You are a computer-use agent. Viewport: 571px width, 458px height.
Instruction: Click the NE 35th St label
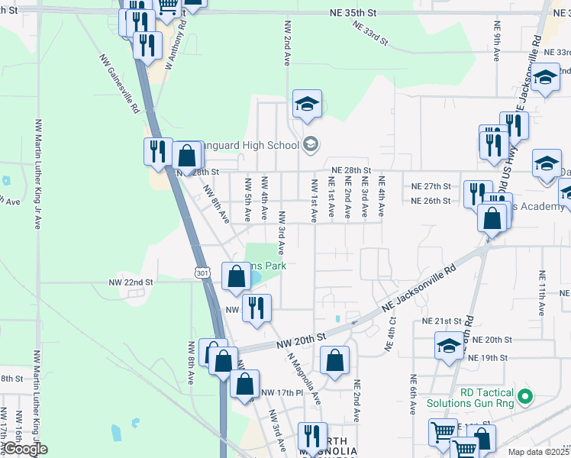pos(353,13)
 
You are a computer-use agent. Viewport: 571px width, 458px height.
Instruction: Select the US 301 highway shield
pos(202,273)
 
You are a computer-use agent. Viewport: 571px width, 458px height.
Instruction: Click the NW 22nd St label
pos(131,282)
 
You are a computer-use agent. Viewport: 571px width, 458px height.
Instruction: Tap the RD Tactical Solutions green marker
pos(524,396)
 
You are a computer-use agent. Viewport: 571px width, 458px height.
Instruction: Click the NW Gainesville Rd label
pos(119,83)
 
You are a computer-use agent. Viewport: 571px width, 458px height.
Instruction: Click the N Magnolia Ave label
pos(305,379)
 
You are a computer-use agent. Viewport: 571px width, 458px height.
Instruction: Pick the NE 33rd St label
pos(371,32)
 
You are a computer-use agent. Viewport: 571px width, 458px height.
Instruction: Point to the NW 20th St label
pos(302,338)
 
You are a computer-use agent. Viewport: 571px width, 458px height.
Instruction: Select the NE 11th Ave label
pos(541,293)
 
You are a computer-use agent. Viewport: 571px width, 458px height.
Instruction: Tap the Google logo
pos(25,449)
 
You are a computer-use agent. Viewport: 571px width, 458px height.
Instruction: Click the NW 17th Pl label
pos(282,392)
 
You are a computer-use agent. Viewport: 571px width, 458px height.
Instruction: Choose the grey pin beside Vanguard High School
pos(311,144)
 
